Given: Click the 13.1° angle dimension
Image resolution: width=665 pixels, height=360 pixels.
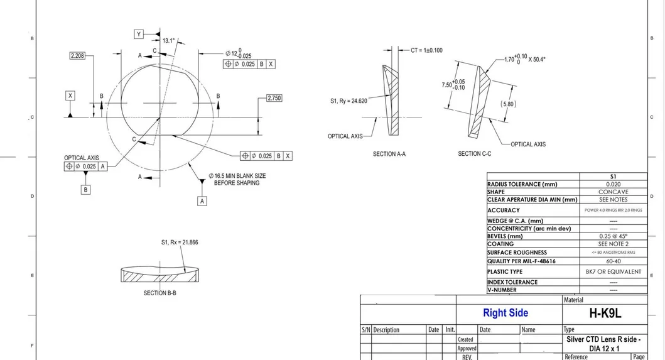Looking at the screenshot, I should pyautogui.click(x=168, y=41).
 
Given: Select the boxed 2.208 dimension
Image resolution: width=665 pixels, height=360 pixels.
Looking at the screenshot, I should pyautogui.click(x=78, y=56).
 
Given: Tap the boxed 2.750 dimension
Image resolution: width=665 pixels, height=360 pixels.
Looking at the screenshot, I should pyautogui.click(x=274, y=99).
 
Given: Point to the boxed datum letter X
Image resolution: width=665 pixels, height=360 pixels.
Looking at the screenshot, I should pyautogui.click(x=70, y=95).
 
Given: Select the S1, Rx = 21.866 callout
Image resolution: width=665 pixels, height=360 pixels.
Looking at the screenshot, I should pyautogui.click(x=180, y=242).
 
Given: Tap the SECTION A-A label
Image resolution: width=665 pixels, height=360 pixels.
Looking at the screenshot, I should pyautogui.click(x=393, y=154).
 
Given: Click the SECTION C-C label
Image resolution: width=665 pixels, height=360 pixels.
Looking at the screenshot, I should pyautogui.click(x=474, y=154).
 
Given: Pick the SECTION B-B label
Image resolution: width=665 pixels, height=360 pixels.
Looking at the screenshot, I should pyautogui.click(x=159, y=293).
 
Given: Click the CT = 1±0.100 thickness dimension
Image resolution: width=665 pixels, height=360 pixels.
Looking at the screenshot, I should pyautogui.click(x=426, y=50).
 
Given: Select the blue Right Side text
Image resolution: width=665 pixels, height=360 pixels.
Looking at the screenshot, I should pyautogui.click(x=505, y=313).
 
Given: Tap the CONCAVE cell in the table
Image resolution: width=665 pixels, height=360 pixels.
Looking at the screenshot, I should pyautogui.click(x=613, y=192).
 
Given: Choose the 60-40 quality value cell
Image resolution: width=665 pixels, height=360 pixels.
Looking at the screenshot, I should pyautogui.click(x=613, y=261).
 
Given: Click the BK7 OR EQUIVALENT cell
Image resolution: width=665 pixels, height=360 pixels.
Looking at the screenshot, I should pyautogui.click(x=613, y=271).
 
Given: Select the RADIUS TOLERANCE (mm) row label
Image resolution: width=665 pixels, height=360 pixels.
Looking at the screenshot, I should pyautogui.click(x=522, y=184).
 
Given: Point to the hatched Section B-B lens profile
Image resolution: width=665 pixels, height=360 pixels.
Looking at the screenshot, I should pyautogui.click(x=161, y=275).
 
